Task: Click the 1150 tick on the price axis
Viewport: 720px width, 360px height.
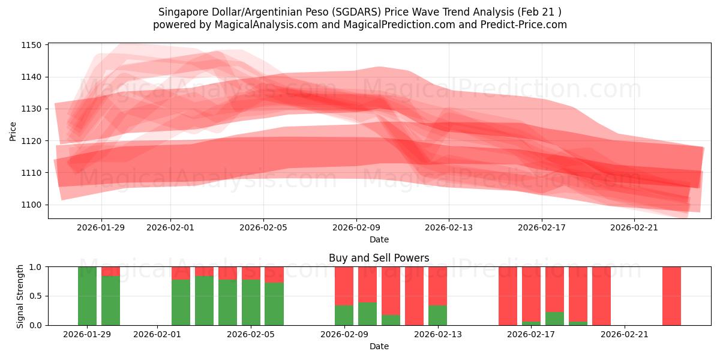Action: pyautogui.click(x=31, y=45)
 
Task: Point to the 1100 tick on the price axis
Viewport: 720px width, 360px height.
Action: pyautogui.click(x=31, y=205)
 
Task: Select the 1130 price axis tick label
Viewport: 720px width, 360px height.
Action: pyautogui.click(x=31, y=109)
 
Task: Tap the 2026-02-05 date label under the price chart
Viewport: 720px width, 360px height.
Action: pyautogui.click(x=263, y=227)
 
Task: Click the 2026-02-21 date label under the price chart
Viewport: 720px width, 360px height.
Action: pyautogui.click(x=635, y=227)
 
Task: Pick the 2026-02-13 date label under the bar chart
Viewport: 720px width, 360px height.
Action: pyautogui.click(x=437, y=334)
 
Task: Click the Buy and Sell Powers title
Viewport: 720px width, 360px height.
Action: pyautogui.click(x=379, y=258)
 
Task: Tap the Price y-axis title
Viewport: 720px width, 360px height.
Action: pyautogui.click(x=13, y=130)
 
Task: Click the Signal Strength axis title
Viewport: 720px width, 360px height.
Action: pyautogui.click(x=20, y=296)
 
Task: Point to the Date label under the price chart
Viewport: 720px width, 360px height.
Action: pyautogui.click(x=379, y=239)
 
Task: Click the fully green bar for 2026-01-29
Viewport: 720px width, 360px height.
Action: pyautogui.click(x=87, y=296)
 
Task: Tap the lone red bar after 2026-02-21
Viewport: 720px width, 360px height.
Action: pyautogui.click(x=671, y=296)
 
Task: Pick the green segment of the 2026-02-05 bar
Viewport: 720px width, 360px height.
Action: pyautogui.click(x=274, y=304)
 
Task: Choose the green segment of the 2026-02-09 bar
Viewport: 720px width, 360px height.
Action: pyautogui.click(x=344, y=316)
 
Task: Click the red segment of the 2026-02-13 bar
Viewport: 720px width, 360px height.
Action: pyautogui.click(x=437, y=286)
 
